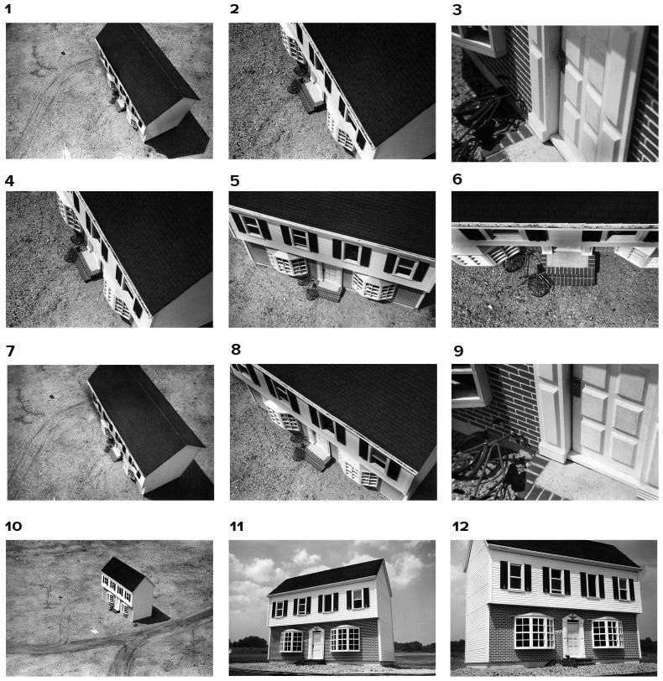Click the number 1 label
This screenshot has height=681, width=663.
[x=8, y=8]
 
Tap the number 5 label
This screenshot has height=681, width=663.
[x=235, y=180]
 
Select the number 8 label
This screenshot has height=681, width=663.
[x=236, y=349]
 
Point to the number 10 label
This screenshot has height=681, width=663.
[x=13, y=527]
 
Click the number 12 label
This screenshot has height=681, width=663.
[x=461, y=527]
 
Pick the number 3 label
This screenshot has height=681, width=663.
[x=457, y=10]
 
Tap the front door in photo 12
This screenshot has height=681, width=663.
[x=573, y=638]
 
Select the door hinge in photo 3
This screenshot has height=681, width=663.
[x=561, y=55]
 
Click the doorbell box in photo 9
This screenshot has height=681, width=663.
[x=576, y=387]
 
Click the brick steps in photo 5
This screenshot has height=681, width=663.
[x=329, y=291]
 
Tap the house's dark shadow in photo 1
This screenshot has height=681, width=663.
[x=182, y=135]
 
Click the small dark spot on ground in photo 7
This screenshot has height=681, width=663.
[x=52, y=396]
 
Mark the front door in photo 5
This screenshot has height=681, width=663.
[x=331, y=273]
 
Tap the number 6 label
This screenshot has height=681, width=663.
[x=457, y=179]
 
